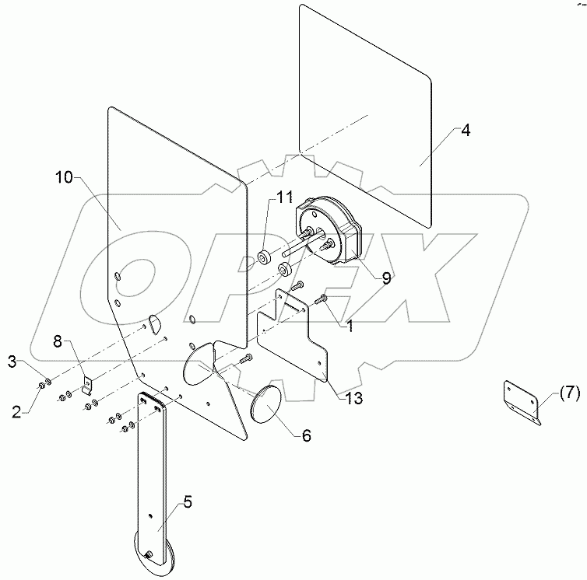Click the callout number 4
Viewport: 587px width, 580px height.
tap(465, 131)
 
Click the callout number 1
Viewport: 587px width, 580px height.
tap(350, 327)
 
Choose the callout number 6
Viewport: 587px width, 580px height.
tap(306, 436)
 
